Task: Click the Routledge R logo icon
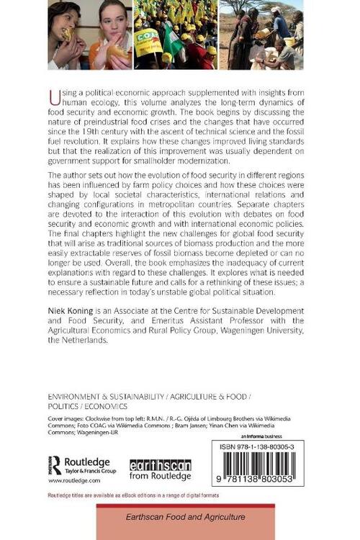[x=55, y=464]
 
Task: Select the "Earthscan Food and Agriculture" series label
[x=186, y=517]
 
